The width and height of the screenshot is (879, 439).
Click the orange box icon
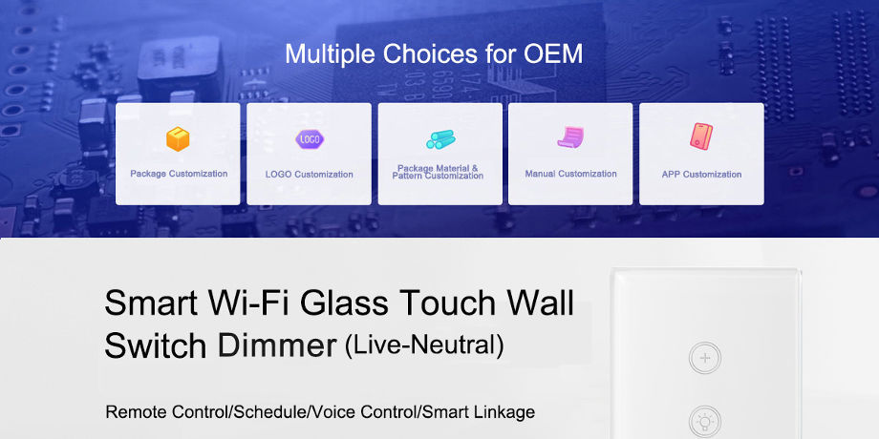(x=178, y=139)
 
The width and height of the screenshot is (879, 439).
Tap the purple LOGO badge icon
(x=310, y=139)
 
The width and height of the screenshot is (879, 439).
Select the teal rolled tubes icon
(x=440, y=139)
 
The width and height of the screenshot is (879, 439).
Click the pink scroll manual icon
(x=570, y=137)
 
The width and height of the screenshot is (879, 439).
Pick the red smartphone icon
(x=701, y=136)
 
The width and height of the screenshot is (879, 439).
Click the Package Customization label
(x=179, y=174)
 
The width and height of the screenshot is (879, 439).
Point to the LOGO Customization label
(x=310, y=174)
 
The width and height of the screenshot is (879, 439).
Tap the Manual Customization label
(x=570, y=174)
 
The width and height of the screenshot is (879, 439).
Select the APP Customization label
(x=701, y=174)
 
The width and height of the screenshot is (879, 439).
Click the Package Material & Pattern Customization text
(x=438, y=172)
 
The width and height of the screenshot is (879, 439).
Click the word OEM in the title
(x=553, y=53)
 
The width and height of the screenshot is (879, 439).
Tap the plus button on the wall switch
(x=705, y=359)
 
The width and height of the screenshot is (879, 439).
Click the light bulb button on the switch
(x=705, y=422)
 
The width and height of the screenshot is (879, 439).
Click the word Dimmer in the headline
(x=277, y=345)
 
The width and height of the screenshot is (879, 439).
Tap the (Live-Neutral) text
(x=424, y=345)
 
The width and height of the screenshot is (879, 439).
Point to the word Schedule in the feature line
(x=271, y=412)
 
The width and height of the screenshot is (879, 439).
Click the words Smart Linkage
(x=478, y=412)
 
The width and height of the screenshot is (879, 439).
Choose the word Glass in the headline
(x=343, y=303)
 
